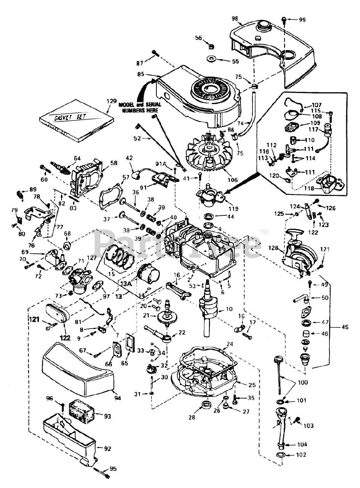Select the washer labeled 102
coord(281,455)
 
